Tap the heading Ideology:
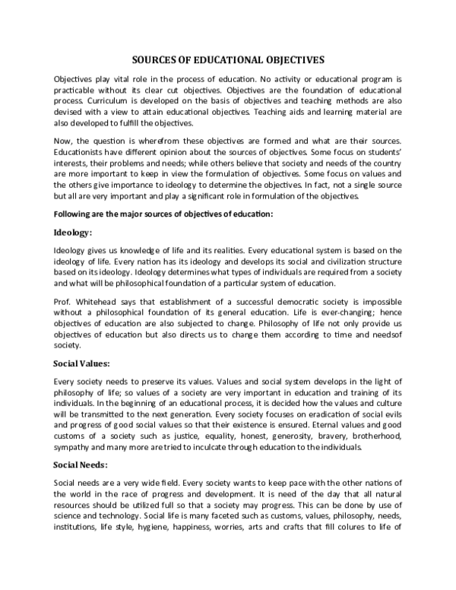tap(72, 232)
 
